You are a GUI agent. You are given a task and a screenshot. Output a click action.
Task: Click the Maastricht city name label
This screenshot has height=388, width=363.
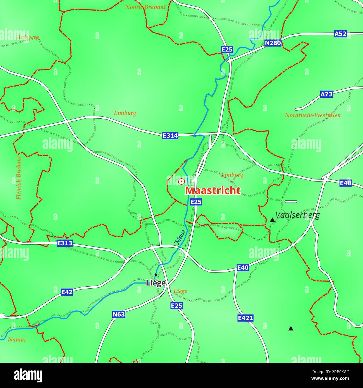tap(213, 190)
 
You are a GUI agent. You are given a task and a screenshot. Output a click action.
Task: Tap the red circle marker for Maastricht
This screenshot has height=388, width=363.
tap(181, 182)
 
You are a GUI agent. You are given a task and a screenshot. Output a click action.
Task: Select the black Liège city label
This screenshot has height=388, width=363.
tap(156, 283)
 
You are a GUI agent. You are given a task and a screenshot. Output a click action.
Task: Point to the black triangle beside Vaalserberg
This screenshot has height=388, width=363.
tap(272, 220)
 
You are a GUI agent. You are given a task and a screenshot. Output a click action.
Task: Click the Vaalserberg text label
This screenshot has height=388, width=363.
tap(297, 215)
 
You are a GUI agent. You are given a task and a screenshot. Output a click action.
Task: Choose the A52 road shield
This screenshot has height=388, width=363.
tap(340, 34)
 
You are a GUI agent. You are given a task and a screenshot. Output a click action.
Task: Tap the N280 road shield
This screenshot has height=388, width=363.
tap(273, 43)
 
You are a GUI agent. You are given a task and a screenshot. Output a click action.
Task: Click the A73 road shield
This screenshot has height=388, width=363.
tap(326, 94)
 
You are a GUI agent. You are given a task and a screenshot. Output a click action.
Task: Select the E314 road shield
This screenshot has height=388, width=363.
tap(170, 136)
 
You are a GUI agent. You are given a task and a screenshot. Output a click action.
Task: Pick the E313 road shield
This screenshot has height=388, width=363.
tap(65, 243)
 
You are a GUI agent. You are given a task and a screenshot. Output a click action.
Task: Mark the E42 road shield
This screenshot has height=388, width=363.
tap(67, 292)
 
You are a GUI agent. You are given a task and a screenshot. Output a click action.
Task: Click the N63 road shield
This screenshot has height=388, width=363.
tap(118, 314)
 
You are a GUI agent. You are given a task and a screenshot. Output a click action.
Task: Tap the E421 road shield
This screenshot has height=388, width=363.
tap(245, 318)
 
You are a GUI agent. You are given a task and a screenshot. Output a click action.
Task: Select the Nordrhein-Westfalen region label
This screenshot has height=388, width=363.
tap(312, 115)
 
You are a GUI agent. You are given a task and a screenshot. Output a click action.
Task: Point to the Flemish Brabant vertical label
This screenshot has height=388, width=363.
tap(19, 178)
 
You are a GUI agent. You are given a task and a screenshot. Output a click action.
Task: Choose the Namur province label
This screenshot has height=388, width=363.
tap(17, 340)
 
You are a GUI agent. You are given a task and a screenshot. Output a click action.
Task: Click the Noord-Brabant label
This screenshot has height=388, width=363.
tap(145, 7)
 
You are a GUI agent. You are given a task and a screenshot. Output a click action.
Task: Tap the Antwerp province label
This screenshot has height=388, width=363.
tap(28, 37)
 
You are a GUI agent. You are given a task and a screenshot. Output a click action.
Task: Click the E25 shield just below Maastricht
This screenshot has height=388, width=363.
tap(196, 202)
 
